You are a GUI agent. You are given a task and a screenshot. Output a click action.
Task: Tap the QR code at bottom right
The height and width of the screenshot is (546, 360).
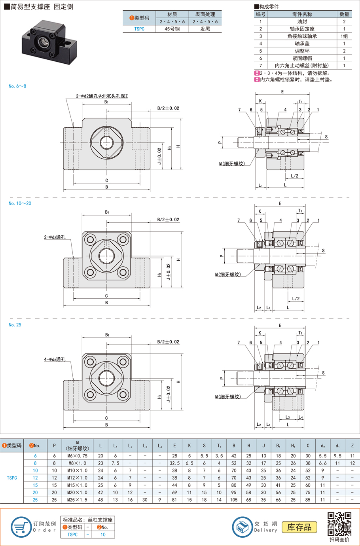click(x=339, y=524)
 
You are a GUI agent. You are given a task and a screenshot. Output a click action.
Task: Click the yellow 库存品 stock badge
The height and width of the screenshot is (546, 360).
click(x=299, y=527)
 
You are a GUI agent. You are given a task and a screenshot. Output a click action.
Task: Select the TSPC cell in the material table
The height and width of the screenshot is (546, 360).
click(x=139, y=29)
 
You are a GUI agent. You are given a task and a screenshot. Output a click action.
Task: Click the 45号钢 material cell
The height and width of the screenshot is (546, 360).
click(x=172, y=29)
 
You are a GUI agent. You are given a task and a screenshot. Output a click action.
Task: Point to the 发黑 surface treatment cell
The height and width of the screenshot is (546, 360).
click(x=205, y=29)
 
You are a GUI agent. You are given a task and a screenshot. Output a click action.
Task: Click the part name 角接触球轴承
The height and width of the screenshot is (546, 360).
click(x=302, y=36)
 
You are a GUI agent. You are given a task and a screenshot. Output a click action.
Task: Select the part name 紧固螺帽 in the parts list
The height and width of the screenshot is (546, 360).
click(x=302, y=58)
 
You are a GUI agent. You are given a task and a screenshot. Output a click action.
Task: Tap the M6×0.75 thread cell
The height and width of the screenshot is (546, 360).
click(x=77, y=456)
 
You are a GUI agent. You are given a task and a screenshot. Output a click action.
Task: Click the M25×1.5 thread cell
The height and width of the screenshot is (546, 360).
click(x=77, y=500)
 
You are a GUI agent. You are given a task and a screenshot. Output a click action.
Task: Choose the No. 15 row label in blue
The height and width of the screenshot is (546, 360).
click(x=35, y=485)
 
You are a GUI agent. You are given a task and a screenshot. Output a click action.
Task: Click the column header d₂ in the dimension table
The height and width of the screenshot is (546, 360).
click(x=323, y=446)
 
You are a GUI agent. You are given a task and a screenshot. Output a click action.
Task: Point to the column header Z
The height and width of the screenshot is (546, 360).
click(x=352, y=446)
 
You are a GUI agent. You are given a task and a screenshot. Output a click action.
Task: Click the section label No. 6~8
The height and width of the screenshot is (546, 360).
click(x=17, y=86)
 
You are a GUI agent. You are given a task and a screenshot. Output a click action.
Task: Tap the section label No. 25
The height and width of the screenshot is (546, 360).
click(x=15, y=325)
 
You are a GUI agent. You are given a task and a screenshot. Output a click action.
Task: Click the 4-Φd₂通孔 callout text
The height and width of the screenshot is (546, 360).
click(x=55, y=360)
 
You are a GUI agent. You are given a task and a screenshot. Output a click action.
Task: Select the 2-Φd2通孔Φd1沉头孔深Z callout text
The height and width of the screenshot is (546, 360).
click(x=102, y=96)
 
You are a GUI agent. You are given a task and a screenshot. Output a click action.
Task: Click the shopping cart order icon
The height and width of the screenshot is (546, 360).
click(x=21, y=527)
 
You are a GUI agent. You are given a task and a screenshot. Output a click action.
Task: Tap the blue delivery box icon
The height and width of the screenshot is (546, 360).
click(x=242, y=527)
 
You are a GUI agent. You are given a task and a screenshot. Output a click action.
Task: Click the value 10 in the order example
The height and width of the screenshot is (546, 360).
click(x=103, y=535)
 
